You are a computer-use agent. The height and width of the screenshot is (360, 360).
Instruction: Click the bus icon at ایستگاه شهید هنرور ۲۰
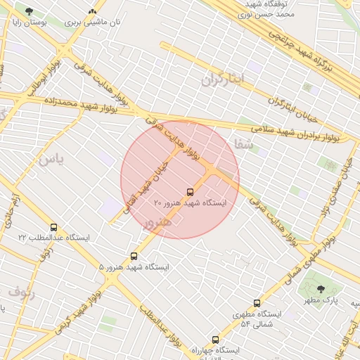(190, 192)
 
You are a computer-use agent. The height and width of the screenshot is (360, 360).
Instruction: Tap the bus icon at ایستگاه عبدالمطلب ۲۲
(54, 227)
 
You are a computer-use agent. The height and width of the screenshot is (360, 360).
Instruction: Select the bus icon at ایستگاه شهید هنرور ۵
(134, 257)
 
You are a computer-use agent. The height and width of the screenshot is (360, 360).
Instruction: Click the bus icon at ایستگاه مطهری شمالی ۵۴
(257, 303)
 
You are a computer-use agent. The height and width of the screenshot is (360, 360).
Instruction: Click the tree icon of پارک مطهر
(321, 289)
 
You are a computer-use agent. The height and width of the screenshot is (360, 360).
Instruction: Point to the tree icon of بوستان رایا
(29, 12)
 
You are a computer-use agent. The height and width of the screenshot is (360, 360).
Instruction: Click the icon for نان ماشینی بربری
(93, 12)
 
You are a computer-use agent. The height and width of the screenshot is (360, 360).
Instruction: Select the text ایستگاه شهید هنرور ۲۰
(190, 203)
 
